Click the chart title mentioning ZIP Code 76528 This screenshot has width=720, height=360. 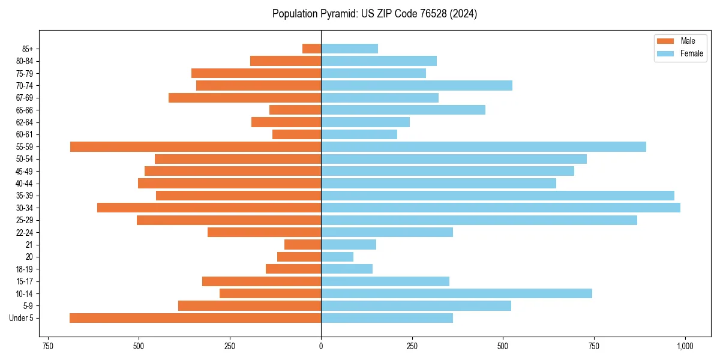pos(374,14)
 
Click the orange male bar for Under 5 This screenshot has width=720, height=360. pos(195,318)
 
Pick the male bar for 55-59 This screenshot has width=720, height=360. pos(196,146)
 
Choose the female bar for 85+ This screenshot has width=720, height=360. pos(349,49)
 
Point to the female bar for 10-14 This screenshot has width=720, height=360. pos(457,293)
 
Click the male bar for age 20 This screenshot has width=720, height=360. pos(299,257)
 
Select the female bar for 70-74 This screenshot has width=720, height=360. pos(416,85)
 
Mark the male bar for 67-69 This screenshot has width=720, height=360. pos(245,98)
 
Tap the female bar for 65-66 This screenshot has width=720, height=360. pos(403,110)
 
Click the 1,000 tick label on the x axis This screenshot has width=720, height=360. pos(685,346)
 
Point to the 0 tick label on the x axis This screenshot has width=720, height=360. pos(321,346)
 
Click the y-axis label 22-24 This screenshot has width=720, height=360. pos(25,232)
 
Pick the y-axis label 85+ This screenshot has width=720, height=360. pos(28,49)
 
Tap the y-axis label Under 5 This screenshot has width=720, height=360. pos(22,318)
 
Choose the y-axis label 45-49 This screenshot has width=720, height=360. pos(25,171)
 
